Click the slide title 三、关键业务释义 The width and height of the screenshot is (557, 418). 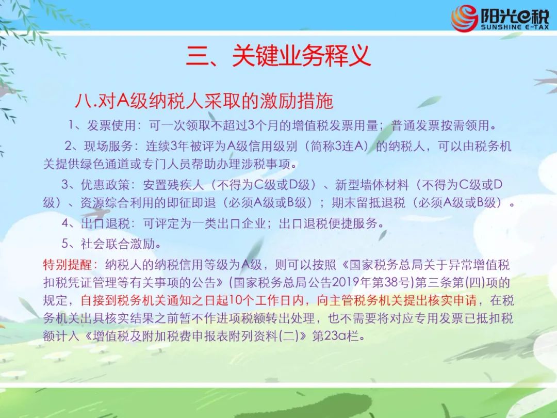tap(278, 56)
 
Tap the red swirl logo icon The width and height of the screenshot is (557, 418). tap(464, 18)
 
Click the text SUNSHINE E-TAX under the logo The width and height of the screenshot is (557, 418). tap(515, 27)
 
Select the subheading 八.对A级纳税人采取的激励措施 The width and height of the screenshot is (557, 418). tap(204, 101)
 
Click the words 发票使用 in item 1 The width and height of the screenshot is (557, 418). tap(111, 125)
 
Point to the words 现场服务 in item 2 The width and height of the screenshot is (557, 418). tap(108, 146)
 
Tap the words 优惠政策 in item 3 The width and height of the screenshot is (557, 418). tap(106, 185)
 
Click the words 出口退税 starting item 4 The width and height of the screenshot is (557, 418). tap(106, 223)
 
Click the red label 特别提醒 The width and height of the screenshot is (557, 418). tap(68, 265)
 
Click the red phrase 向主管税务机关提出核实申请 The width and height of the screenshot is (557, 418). tap(397, 300)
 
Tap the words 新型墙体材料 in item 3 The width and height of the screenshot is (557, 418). tap(371, 185)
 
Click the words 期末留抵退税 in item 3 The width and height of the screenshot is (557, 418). tap(368, 203)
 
